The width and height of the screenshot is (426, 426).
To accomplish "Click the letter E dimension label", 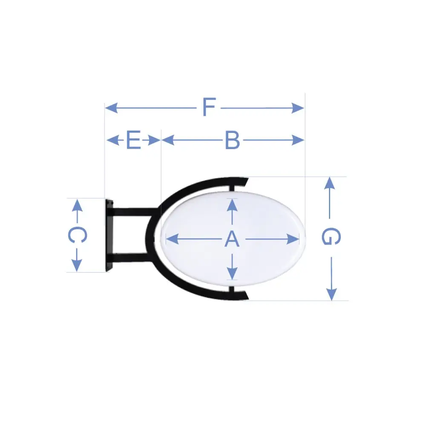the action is [x=134, y=140].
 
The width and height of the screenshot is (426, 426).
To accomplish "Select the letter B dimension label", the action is [x=233, y=140].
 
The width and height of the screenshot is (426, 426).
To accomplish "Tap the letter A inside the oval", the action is [x=232, y=239].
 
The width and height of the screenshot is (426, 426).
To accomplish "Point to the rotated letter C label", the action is [x=78, y=235].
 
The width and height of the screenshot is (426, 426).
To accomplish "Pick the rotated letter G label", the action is [x=331, y=236].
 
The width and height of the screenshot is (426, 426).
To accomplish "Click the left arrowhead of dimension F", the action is [x=111, y=108].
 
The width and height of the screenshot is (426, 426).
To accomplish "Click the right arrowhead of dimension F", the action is [x=298, y=108].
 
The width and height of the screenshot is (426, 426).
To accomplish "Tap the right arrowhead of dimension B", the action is [x=298, y=140].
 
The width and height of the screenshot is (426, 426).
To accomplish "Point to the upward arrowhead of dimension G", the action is [x=330, y=183].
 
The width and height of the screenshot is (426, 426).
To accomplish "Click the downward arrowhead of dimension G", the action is [x=331, y=294].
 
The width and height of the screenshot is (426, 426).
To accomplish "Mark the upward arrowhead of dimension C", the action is [x=77, y=205].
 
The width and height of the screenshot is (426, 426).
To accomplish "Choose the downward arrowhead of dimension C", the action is [x=77, y=265].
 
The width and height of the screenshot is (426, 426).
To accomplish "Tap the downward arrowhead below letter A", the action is [x=232, y=273].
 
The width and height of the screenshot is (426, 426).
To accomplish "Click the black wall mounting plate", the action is [x=109, y=235].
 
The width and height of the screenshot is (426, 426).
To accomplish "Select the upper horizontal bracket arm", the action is [x=135, y=212].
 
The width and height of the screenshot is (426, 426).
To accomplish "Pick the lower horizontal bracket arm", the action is [x=132, y=258].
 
